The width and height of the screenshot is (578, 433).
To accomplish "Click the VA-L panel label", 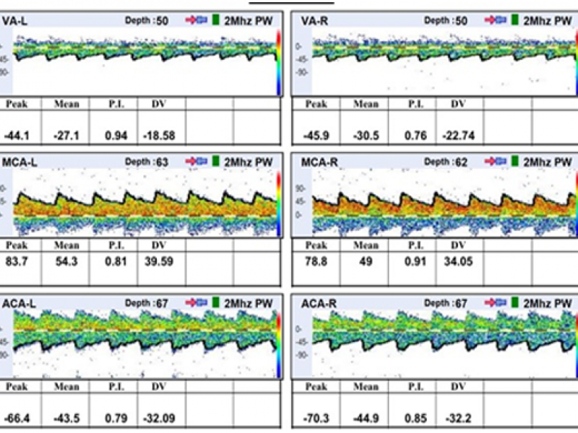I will (15, 22).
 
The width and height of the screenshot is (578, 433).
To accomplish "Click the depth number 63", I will (162, 162).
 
